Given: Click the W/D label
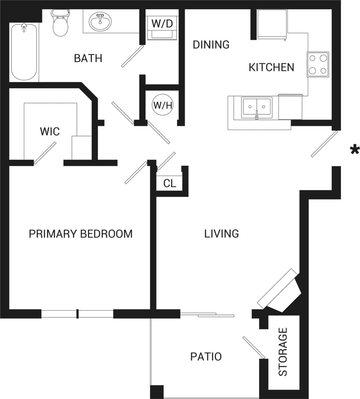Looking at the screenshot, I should point(162,23).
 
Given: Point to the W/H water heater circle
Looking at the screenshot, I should point(163,105).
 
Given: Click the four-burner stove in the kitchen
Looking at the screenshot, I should point(318,64).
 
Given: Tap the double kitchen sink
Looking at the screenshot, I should point(256,108).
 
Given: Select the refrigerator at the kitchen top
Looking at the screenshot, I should point(272,24).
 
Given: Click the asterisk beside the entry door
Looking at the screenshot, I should point(354,150).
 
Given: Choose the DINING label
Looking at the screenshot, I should point(211,45).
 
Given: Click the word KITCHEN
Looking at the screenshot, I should point(271,67).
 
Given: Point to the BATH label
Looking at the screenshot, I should point(88,58).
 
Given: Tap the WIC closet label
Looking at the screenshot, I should point(50,131).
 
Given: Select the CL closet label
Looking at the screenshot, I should point(169,184).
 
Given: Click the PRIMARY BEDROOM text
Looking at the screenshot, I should point(80,234).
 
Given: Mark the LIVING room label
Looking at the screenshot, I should point(221,234).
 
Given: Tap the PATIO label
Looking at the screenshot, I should point(205,357).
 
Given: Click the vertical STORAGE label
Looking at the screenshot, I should point(283,351).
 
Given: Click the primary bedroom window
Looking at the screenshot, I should point(77,314).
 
